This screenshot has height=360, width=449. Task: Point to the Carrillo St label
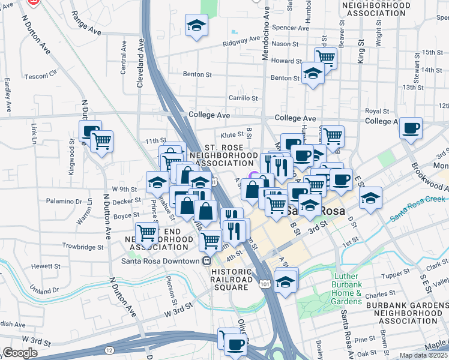coord(243,98)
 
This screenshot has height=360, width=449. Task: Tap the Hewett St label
coord(46,266)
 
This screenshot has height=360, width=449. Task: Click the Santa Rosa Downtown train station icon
coord(206,261)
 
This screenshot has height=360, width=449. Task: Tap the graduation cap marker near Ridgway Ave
coord(196,26)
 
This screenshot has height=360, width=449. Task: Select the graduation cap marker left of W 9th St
coord(157,182)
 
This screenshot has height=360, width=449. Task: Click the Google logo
coord(19,353)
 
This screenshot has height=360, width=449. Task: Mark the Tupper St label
coord(396,275)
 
